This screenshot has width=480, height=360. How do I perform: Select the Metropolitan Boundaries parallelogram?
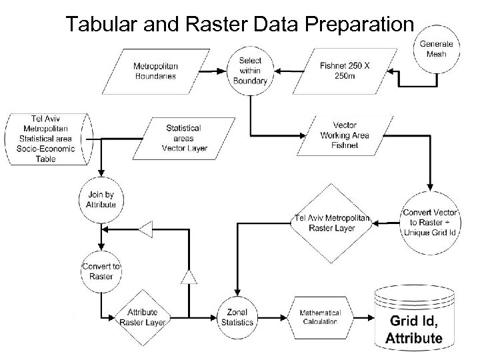[x=155, y=71]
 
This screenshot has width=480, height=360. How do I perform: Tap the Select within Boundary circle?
[x=251, y=70]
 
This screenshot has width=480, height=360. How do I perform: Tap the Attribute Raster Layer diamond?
[x=143, y=317]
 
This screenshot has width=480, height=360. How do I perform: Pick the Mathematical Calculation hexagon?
[x=319, y=317]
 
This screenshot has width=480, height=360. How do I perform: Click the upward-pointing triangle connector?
[x=190, y=275]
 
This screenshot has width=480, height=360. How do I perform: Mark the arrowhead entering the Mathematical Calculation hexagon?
[x=287, y=317]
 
